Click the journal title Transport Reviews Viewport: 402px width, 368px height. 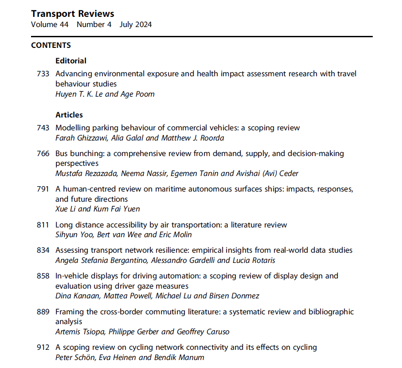72,14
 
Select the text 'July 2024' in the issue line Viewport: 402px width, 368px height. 136,25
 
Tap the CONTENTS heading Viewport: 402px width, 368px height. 51,45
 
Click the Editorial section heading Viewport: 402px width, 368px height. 71,61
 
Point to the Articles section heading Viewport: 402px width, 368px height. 69,115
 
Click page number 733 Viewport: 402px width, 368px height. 43,74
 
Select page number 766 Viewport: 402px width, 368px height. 43,153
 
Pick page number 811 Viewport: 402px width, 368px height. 43,225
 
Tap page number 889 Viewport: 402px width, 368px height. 43,312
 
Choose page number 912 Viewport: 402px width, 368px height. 43,347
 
